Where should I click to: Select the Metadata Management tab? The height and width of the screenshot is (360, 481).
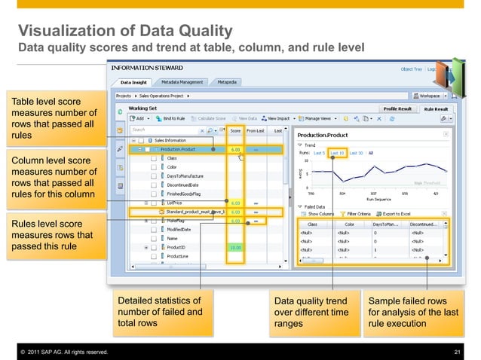pos(182,82)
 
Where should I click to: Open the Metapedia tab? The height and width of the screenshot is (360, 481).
pos(226,82)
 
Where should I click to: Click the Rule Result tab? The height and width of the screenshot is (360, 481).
pos(437,108)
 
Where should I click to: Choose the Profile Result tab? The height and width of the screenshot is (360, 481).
pos(397,108)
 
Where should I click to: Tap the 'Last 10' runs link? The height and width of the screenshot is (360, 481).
pos(336,153)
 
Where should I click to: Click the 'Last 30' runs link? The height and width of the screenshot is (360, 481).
pos(356,153)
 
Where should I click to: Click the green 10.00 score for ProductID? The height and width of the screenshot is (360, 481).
pos(235,247)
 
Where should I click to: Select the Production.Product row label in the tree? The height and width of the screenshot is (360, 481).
pos(178,149)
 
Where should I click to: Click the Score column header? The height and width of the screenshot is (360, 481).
pos(235,130)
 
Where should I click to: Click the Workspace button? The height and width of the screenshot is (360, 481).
pos(430,96)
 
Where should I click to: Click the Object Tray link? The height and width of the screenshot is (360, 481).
pos(411,69)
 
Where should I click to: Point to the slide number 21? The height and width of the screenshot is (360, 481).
pos(457,352)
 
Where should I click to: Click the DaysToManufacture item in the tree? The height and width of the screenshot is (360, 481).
pos(185,175)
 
